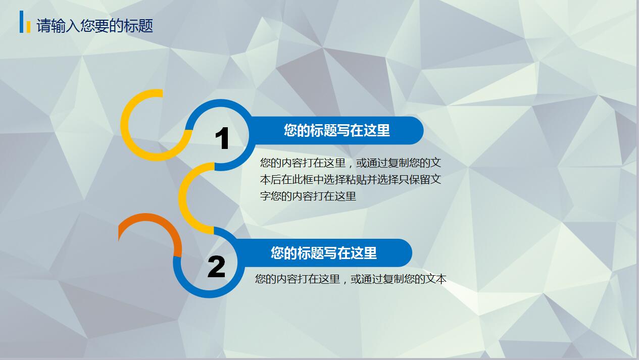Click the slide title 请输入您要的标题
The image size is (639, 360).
coord(94,26)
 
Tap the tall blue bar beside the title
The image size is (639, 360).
coord(21,22)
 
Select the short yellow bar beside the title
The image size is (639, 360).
coord(28,27)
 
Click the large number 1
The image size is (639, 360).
coord(222,138)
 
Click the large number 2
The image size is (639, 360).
coord(217,267)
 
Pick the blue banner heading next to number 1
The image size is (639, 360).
coord(336,130)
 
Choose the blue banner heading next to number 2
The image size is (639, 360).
coord(324,253)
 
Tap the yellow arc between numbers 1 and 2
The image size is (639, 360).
coord(183,198)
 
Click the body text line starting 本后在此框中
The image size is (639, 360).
coord(351,180)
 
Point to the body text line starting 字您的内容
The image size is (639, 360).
coord(308,196)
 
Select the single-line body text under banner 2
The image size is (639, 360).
coord(351,279)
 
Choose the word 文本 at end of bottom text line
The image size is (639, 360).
coord(436,279)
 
